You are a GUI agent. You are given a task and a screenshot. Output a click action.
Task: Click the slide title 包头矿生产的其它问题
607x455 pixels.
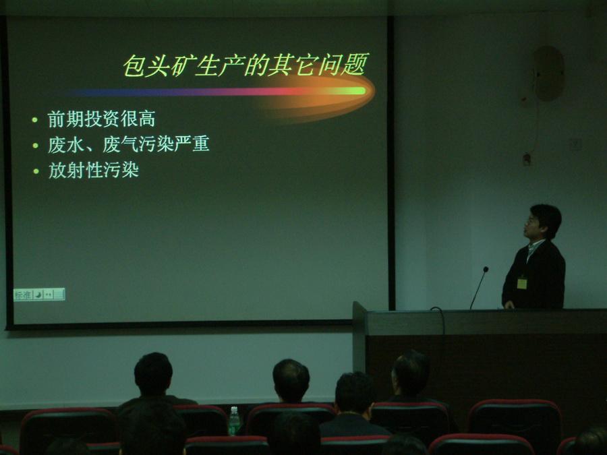pos(245,66)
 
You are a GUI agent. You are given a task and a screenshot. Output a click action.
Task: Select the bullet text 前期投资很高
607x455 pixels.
pos(101,119)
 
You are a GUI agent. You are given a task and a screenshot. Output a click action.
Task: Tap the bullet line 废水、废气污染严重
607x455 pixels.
pos(128,144)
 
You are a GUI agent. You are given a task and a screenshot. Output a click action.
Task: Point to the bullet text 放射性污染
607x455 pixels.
pos(93,170)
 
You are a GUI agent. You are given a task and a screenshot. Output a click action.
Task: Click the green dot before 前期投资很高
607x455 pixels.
pos(35,121)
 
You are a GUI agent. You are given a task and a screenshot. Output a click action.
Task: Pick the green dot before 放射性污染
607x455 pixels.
pos(35,171)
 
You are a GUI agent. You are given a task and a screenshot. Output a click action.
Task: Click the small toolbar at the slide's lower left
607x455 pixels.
pos(39,295)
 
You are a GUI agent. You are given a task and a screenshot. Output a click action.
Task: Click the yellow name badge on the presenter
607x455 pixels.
pos(521,282)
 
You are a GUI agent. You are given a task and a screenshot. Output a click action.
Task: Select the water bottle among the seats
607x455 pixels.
pos(233,421)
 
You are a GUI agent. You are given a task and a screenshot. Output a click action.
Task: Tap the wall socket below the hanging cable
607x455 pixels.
pos(526,160)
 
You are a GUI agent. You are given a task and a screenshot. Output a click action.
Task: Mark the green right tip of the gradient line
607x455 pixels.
pos(357,91)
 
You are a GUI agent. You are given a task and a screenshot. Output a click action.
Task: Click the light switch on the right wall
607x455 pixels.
pos(575,144)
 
